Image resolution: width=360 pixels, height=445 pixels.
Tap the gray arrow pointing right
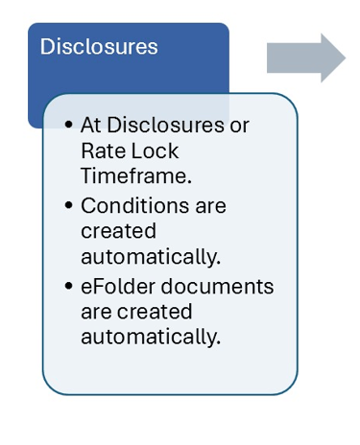click(x=306, y=58)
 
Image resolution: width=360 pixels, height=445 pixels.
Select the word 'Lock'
click(x=152, y=152)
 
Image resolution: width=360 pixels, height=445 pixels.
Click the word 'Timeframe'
click(x=133, y=177)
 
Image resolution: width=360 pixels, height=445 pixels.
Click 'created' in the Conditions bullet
click(x=118, y=232)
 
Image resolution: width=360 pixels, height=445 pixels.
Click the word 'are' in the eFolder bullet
click(x=96, y=312)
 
